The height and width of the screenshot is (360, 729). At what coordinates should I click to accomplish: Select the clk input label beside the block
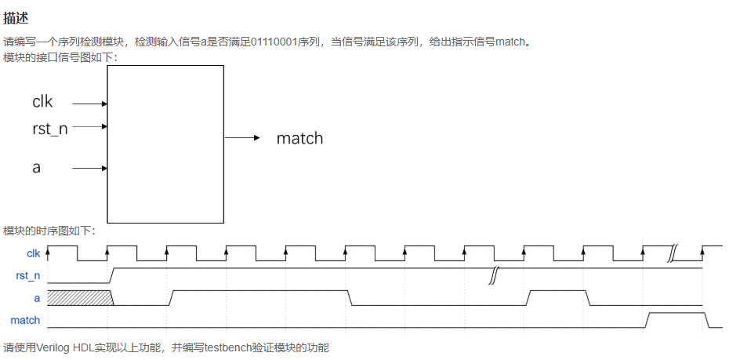[x=42, y=102]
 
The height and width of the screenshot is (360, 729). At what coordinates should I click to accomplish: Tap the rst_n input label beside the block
[x=49, y=129]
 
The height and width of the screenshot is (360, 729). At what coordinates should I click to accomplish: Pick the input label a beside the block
[x=36, y=168]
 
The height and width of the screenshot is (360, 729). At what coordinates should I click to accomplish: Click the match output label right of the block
[x=299, y=139]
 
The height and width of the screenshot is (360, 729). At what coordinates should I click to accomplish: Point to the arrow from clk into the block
[x=92, y=103]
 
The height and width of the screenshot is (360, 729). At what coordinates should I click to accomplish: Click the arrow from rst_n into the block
[x=92, y=127]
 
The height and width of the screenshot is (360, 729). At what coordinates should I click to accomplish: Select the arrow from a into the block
[x=92, y=168]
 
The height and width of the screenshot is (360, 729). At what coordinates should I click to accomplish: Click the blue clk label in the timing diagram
[x=33, y=253]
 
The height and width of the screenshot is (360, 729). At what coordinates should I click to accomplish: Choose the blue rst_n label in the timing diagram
[x=28, y=276]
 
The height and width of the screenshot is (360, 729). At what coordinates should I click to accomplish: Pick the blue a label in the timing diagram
[x=37, y=298]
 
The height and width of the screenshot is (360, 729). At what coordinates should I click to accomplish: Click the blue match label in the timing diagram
[x=25, y=320]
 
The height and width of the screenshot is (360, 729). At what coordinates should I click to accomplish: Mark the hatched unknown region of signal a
[x=79, y=298]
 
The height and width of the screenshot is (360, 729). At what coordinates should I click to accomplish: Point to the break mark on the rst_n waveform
[x=493, y=275]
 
